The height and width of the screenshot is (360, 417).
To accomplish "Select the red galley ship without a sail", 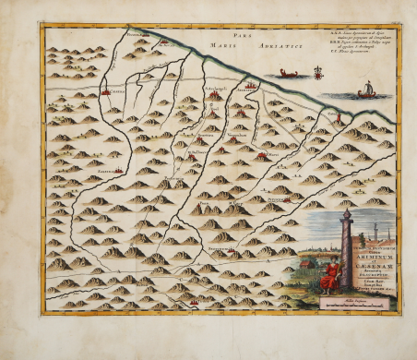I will tap(289, 73).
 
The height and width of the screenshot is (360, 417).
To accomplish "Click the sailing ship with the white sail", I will tap(363, 90).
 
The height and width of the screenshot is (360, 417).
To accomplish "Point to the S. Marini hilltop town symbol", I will tap(263, 156).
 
